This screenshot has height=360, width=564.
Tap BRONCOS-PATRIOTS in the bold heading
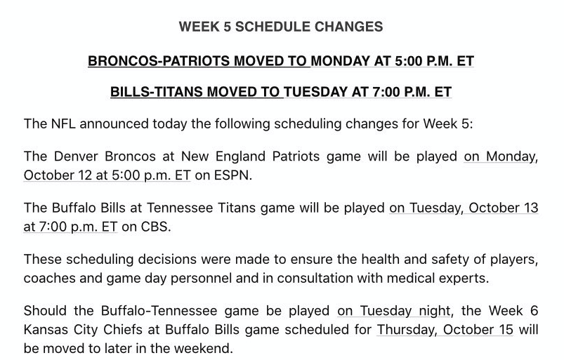159,61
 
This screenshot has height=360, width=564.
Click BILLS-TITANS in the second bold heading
157,92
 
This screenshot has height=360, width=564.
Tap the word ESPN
231,175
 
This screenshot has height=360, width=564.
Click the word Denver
76,156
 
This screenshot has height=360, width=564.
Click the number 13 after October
530,208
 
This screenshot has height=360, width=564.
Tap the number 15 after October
506,329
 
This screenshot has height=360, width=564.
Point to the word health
380,259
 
